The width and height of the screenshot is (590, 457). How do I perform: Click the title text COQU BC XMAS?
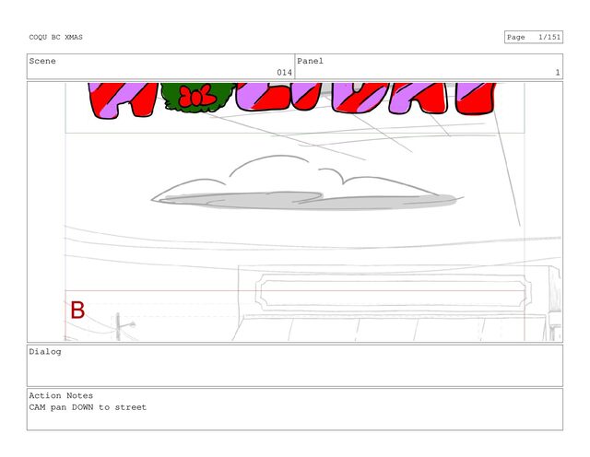[x=55, y=37]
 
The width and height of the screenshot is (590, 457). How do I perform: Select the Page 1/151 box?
[x=534, y=37]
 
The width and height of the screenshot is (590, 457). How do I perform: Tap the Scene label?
[x=42, y=61]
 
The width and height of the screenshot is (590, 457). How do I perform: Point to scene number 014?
[x=285, y=72]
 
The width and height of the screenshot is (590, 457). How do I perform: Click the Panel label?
[x=310, y=61]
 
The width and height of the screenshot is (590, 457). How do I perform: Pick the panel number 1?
[x=558, y=72]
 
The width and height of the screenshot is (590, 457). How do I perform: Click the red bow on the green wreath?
[x=197, y=96]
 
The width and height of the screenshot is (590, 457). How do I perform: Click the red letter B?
[x=77, y=311]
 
